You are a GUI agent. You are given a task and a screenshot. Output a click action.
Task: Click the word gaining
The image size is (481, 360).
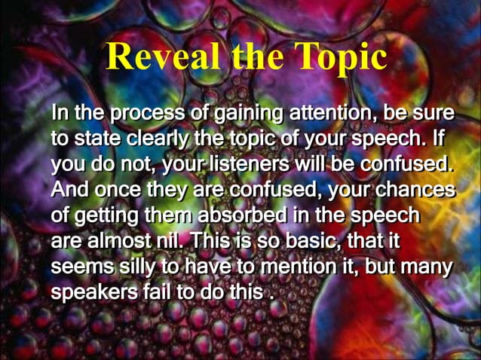pyautogui.click(x=240, y=115)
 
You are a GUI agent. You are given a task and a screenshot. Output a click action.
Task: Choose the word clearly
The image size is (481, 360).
pyautogui.click(x=157, y=139)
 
